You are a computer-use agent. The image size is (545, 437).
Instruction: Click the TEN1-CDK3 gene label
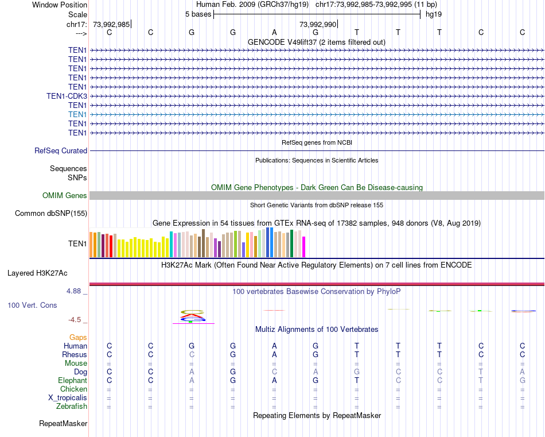tap(67, 96)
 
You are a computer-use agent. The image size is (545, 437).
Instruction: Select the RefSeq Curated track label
tap(61, 150)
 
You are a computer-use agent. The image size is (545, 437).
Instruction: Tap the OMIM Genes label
tap(65, 196)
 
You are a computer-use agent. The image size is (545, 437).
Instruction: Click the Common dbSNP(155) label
tap(50, 214)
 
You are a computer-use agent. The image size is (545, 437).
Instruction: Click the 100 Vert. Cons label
tap(32, 305)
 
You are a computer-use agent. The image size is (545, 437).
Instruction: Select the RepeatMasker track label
tap(63, 424)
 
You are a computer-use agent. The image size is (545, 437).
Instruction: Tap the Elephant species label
tap(72, 380)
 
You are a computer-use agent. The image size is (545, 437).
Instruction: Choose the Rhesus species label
tap(75, 354)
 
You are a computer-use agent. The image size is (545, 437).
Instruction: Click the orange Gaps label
tap(78, 337)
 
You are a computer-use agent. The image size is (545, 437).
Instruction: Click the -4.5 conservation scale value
tap(75, 320)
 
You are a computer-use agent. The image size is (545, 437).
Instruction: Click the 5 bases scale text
tap(198, 14)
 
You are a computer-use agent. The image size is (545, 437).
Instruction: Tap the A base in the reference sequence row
tap(274, 32)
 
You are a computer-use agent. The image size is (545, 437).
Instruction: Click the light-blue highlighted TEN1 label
tap(77, 114)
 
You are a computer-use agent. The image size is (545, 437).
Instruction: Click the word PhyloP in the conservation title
tap(389, 291)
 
